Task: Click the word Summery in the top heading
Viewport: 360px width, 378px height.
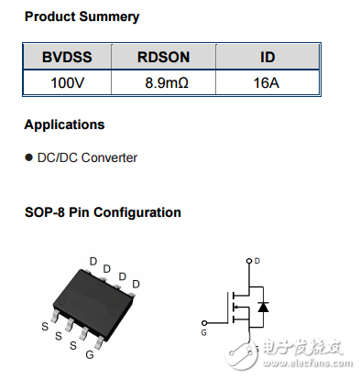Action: click(108, 16)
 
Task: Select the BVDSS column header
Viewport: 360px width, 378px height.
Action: click(66, 57)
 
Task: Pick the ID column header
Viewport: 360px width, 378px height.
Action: click(267, 57)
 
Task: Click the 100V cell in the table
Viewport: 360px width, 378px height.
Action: click(66, 82)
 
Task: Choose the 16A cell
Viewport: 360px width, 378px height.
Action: click(267, 82)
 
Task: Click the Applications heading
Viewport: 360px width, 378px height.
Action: click(64, 124)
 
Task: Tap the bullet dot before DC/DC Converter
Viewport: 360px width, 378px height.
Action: click(28, 157)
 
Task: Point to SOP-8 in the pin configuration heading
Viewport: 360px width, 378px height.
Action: click(47, 212)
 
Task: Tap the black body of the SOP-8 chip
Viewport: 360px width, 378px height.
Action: click(92, 298)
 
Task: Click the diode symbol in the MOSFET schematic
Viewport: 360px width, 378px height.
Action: click(263, 307)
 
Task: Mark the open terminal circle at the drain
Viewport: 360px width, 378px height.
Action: click(247, 261)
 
